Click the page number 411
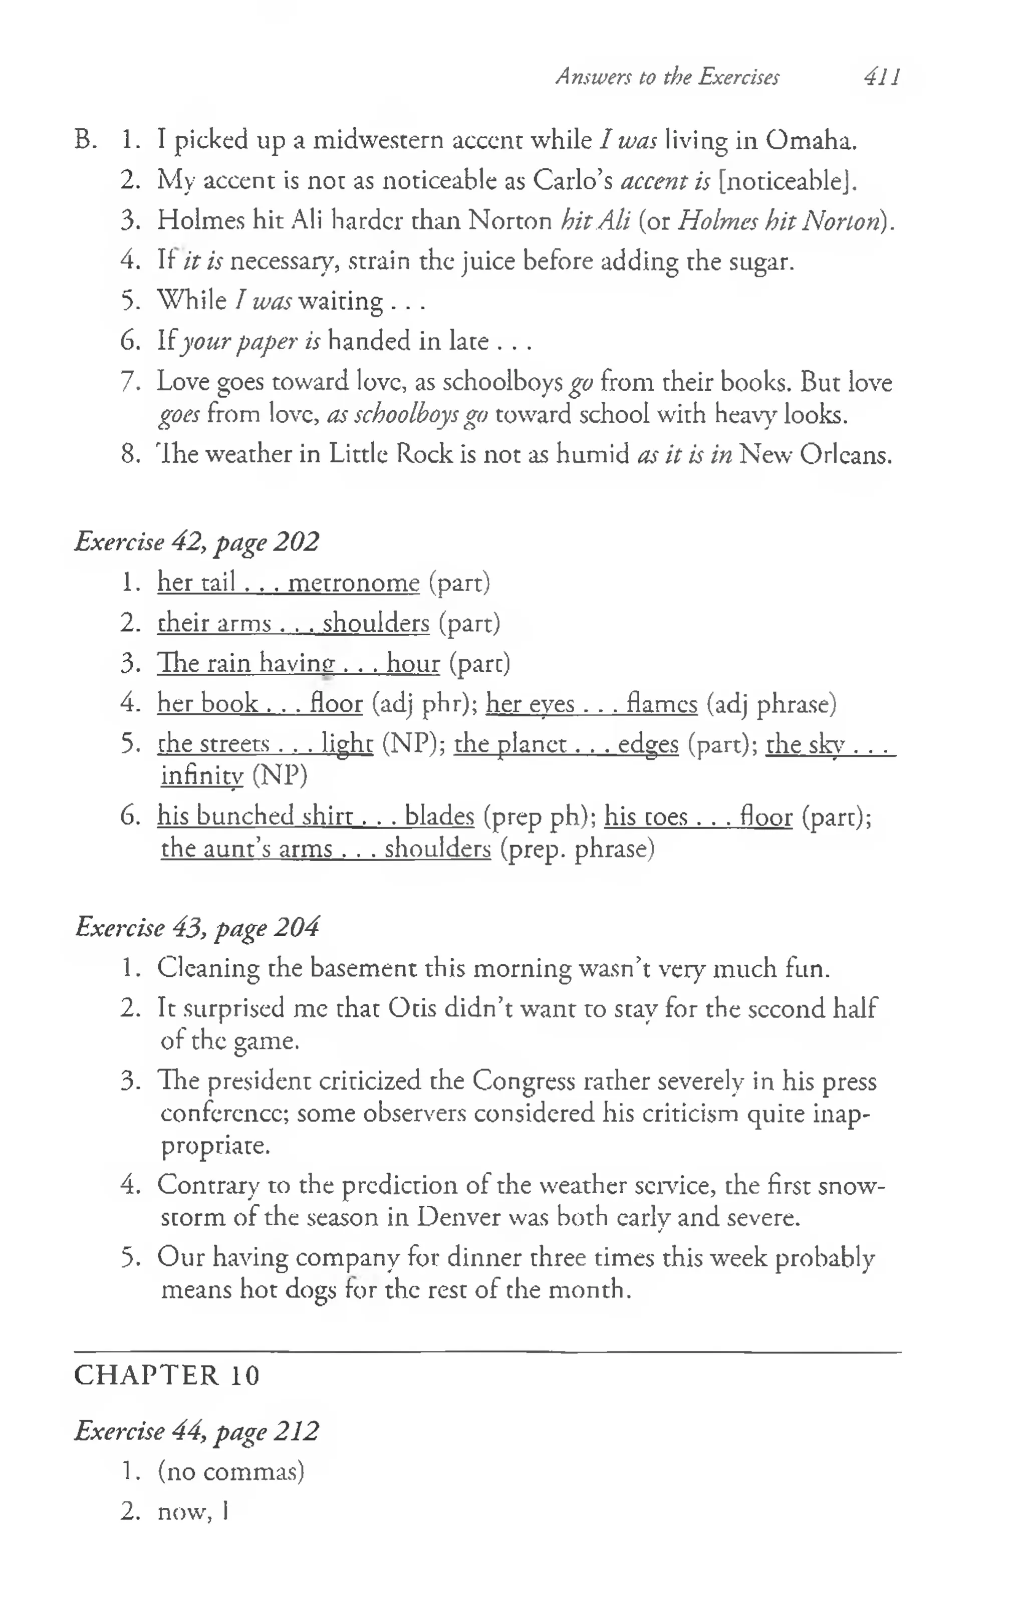[882, 77]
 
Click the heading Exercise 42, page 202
[196, 542]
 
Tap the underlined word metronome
[353, 583]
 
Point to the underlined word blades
[439, 817]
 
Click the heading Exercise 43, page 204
[196, 927]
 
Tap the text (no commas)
[231, 1472]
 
